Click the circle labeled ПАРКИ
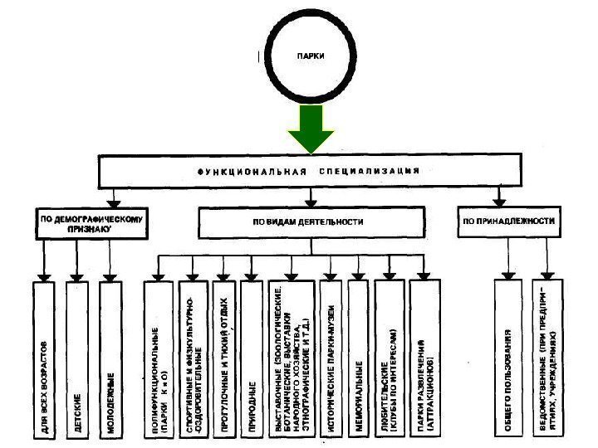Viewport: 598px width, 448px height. point(312,57)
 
